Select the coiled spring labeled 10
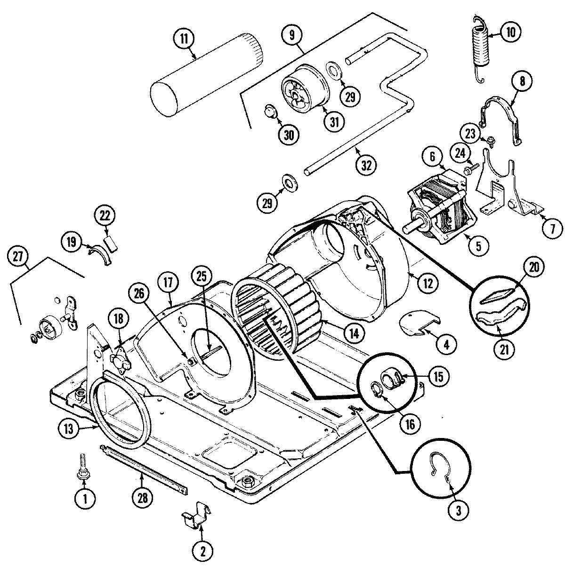tap(479, 49)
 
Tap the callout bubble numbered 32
tap(366, 165)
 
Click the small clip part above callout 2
tap(196, 515)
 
